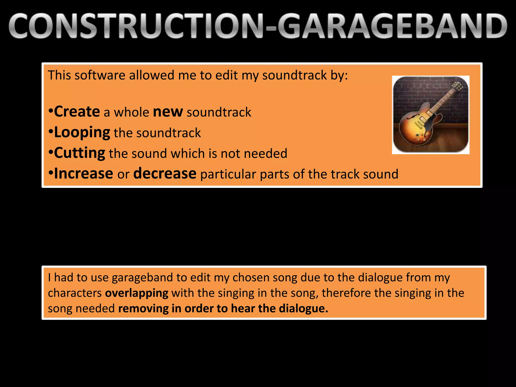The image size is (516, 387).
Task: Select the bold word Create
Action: pyautogui.click(x=77, y=112)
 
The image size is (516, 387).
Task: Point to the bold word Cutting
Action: pyautogui.click(x=80, y=153)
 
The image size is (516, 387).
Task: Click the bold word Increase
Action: pyautogui.click(x=84, y=174)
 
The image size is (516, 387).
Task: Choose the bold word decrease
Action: pyautogui.click(x=165, y=174)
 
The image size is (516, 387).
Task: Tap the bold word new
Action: pyautogui.click(x=168, y=112)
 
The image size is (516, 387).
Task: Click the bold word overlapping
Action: pyautogui.click(x=137, y=293)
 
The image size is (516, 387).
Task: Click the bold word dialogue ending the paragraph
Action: pyautogui.click(x=303, y=308)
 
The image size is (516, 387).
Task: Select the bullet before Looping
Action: pyautogui.click(x=51, y=132)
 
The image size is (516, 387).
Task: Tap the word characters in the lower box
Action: pyautogui.click(x=75, y=293)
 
